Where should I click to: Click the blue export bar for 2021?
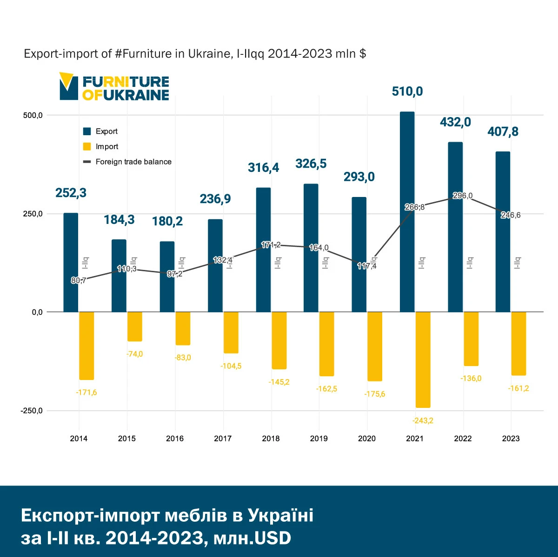[x=407, y=211]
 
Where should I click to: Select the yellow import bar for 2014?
[x=86, y=346]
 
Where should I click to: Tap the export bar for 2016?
[x=167, y=276]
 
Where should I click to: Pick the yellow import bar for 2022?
[x=471, y=339]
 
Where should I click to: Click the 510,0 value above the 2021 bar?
[x=407, y=92]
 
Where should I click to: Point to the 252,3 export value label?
[x=71, y=193]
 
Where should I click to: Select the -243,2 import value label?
[x=423, y=420]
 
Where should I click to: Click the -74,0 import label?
[x=134, y=354]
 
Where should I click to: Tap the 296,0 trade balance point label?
[x=463, y=196]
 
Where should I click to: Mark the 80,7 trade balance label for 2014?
[x=78, y=280]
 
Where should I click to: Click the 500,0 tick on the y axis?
[x=33, y=115]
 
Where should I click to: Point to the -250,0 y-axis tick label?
[x=31, y=411]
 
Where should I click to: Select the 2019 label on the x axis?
[x=319, y=439]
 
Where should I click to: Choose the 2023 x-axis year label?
[x=511, y=439]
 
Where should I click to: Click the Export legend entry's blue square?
[x=87, y=131]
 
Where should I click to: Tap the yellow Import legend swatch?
[x=87, y=146]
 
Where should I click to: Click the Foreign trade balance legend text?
[x=133, y=162]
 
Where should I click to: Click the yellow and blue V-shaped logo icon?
[x=68, y=86]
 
